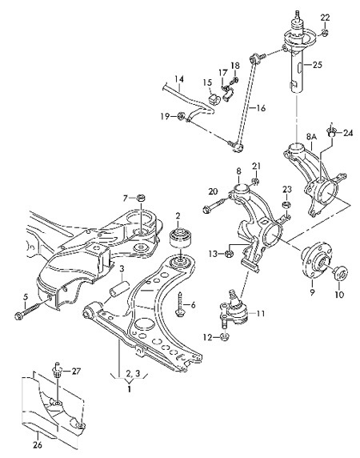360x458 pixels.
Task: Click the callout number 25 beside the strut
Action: point(317,65)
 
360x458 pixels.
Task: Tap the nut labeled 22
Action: point(325,32)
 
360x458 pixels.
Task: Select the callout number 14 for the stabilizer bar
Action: point(179,78)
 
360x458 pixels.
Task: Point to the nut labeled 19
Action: point(182,117)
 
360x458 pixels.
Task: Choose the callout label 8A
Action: point(311,137)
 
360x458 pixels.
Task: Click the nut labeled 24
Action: point(330,132)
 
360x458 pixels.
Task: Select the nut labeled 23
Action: point(286,204)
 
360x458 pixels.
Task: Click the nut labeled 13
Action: point(229,254)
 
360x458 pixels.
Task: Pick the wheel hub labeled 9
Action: point(314,263)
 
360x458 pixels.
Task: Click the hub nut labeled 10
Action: point(340,273)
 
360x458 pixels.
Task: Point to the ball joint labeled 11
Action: point(234,310)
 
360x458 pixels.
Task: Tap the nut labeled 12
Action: point(224,337)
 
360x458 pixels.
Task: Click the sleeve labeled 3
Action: point(118,287)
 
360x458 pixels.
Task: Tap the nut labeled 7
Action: point(141,199)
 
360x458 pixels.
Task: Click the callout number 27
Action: point(77,372)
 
